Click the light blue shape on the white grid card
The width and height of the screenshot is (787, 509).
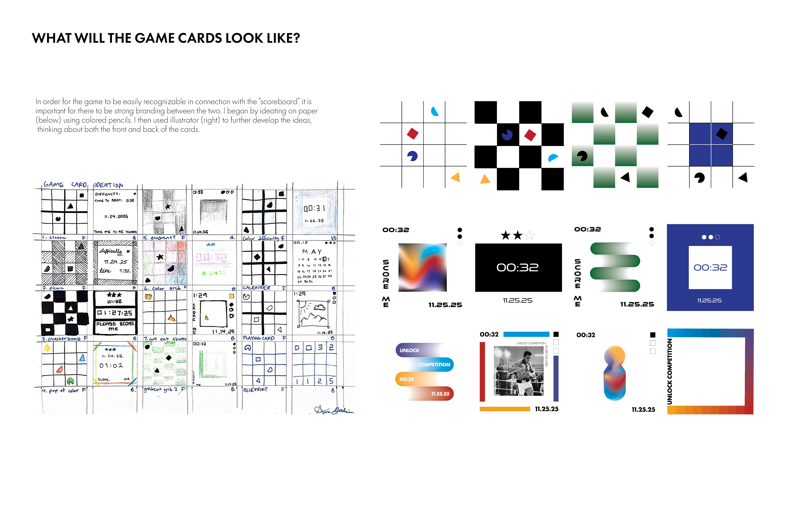click(435, 111)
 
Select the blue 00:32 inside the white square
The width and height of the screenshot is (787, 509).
click(710, 267)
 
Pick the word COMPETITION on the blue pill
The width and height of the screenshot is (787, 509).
click(434, 365)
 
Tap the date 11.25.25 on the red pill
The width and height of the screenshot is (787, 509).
click(440, 394)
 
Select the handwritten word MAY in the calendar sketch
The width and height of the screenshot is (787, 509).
click(312, 252)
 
